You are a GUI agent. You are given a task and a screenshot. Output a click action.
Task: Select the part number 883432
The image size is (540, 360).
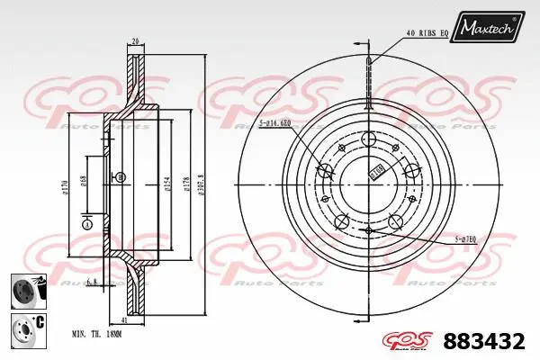(x=487, y=342)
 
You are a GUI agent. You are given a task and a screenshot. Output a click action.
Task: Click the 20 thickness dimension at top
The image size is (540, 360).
(x=134, y=40)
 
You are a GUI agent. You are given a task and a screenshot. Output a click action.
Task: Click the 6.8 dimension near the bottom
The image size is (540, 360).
(x=92, y=282)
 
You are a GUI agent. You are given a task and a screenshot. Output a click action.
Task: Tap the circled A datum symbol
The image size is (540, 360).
(x=86, y=225)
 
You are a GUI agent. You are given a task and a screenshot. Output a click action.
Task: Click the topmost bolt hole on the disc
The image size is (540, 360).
(x=368, y=139)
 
